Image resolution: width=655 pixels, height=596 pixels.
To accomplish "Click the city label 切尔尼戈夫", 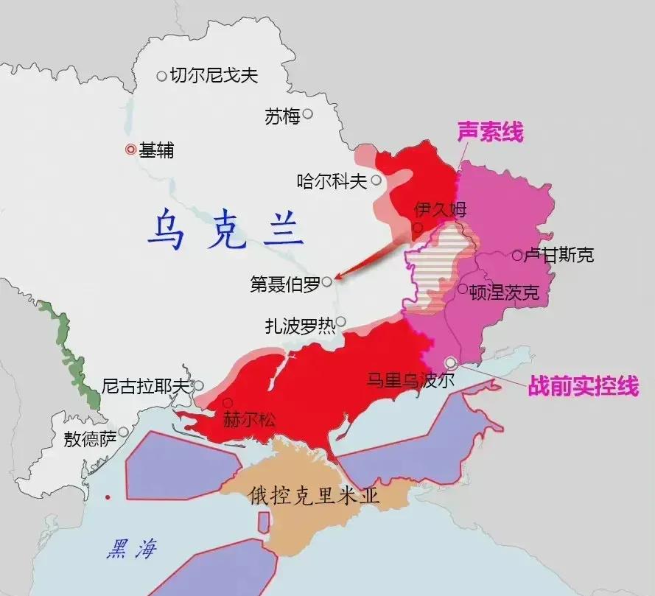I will click(x=214, y=75).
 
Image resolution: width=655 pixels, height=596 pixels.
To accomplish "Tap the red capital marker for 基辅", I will click(x=130, y=150).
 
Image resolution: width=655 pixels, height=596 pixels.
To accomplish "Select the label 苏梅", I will click(x=282, y=116).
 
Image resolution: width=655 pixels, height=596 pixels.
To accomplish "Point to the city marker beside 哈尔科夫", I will click(x=376, y=180).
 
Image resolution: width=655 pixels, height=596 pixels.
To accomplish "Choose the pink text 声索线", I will click(x=490, y=133).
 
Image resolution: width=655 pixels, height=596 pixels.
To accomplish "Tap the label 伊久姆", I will click(x=441, y=209).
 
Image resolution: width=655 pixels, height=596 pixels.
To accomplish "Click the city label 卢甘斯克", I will click(x=558, y=256).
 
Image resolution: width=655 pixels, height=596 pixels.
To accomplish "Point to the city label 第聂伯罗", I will click(x=285, y=284).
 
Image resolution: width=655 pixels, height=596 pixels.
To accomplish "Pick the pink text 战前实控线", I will click(x=583, y=386).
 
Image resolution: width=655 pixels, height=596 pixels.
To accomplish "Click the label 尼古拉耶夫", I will click(x=146, y=385).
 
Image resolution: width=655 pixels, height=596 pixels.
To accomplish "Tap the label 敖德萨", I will click(x=90, y=440).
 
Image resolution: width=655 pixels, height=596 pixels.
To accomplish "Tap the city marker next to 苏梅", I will click(x=308, y=114).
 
